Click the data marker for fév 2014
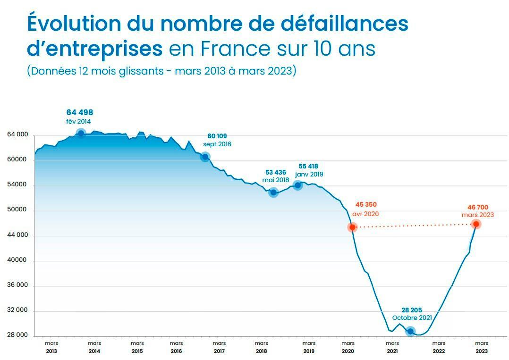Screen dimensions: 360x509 [81, 133]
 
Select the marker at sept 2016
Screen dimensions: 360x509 [205, 157]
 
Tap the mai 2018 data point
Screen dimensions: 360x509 [273, 192]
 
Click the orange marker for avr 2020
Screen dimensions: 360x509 [352, 227]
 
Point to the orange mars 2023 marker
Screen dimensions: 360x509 [476, 224]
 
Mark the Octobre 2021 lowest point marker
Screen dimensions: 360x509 [410, 331]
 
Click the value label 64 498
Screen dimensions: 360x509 [80, 112]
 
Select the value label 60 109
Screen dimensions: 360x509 [217, 136]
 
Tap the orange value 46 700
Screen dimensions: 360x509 [478, 207]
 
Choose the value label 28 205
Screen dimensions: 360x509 [412, 310]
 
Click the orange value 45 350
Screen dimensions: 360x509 [366, 205]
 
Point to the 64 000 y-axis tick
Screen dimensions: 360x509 [18, 135]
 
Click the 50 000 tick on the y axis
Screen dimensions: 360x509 [18, 210]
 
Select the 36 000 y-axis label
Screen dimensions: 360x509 [18, 285]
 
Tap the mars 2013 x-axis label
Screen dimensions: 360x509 [51, 347]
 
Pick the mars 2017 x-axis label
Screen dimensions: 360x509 [219, 347]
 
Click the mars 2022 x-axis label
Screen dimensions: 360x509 [439, 347]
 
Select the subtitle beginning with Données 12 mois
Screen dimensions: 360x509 [161, 71]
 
